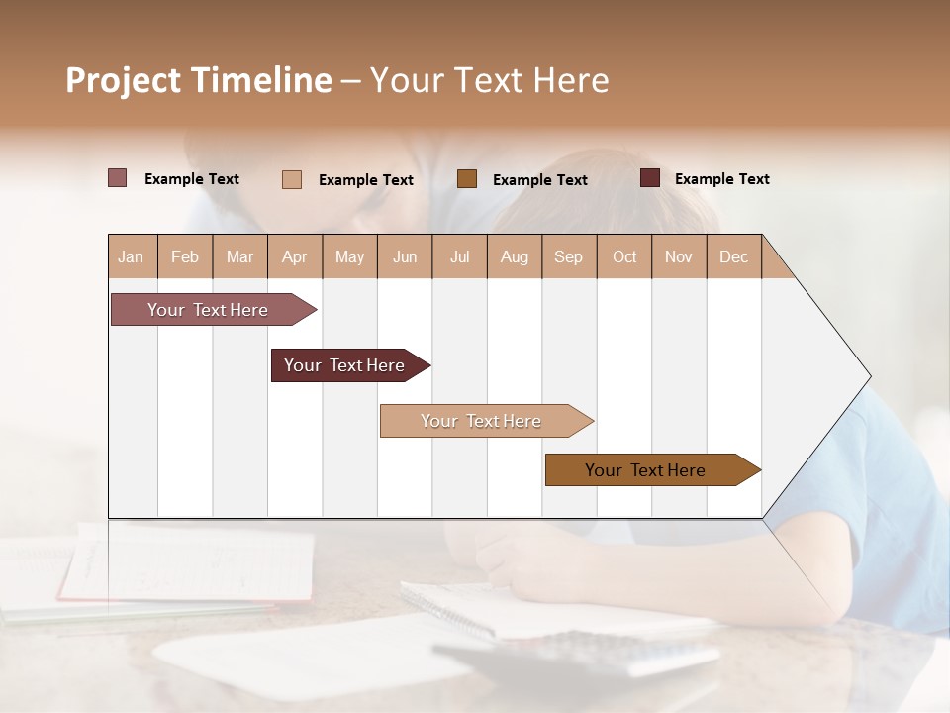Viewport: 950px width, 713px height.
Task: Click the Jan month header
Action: (x=131, y=256)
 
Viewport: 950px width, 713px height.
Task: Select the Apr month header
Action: (x=294, y=256)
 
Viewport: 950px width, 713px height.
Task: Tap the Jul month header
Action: (x=459, y=256)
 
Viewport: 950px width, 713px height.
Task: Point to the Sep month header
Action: (x=568, y=256)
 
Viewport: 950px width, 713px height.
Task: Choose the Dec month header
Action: (x=733, y=256)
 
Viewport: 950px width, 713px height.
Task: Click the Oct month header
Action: (x=624, y=256)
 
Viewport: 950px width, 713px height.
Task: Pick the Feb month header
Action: (x=185, y=256)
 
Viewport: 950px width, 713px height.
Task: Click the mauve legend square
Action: (x=118, y=178)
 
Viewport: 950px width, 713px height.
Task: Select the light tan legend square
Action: (x=292, y=179)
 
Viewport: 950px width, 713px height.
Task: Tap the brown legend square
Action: (x=467, y=178)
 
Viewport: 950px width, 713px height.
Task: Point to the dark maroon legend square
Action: (x=650, y=178)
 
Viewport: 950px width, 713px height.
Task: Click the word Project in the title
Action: (x=123, y=80)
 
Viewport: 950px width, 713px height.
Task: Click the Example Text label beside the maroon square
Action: (x=721, y=179)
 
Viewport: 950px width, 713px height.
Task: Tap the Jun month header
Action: (x=405, y=256)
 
